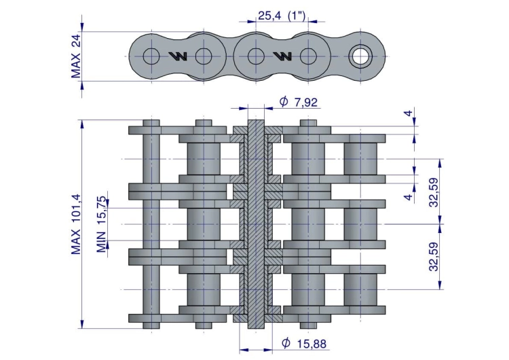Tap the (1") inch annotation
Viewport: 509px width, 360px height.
coord(297,15)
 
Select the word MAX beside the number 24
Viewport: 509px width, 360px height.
coord(76,65)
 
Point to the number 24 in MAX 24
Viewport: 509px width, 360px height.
coord(76,41)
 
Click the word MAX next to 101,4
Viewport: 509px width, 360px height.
coord(75,242)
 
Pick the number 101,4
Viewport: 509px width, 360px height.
coord(75,209)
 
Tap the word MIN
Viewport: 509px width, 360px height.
coord(102,242)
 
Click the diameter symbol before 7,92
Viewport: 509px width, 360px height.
coord(284,101)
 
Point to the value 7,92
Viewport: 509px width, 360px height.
coord(305,103)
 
